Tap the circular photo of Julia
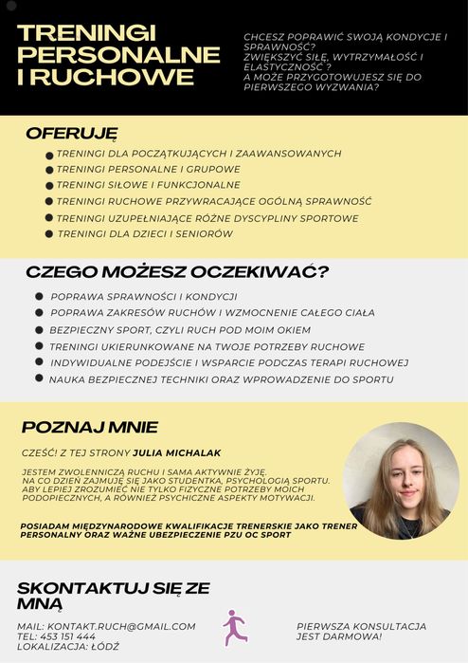[400, 481]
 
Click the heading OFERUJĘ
[72, 133]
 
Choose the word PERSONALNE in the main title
[118, 55]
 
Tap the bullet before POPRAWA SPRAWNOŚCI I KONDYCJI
[39, 297]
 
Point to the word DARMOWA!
[379, 636]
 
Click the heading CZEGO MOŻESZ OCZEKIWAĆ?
[176, 272]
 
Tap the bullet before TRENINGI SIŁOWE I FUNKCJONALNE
[48, 186]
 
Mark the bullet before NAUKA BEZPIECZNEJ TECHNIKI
[40, 378]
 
